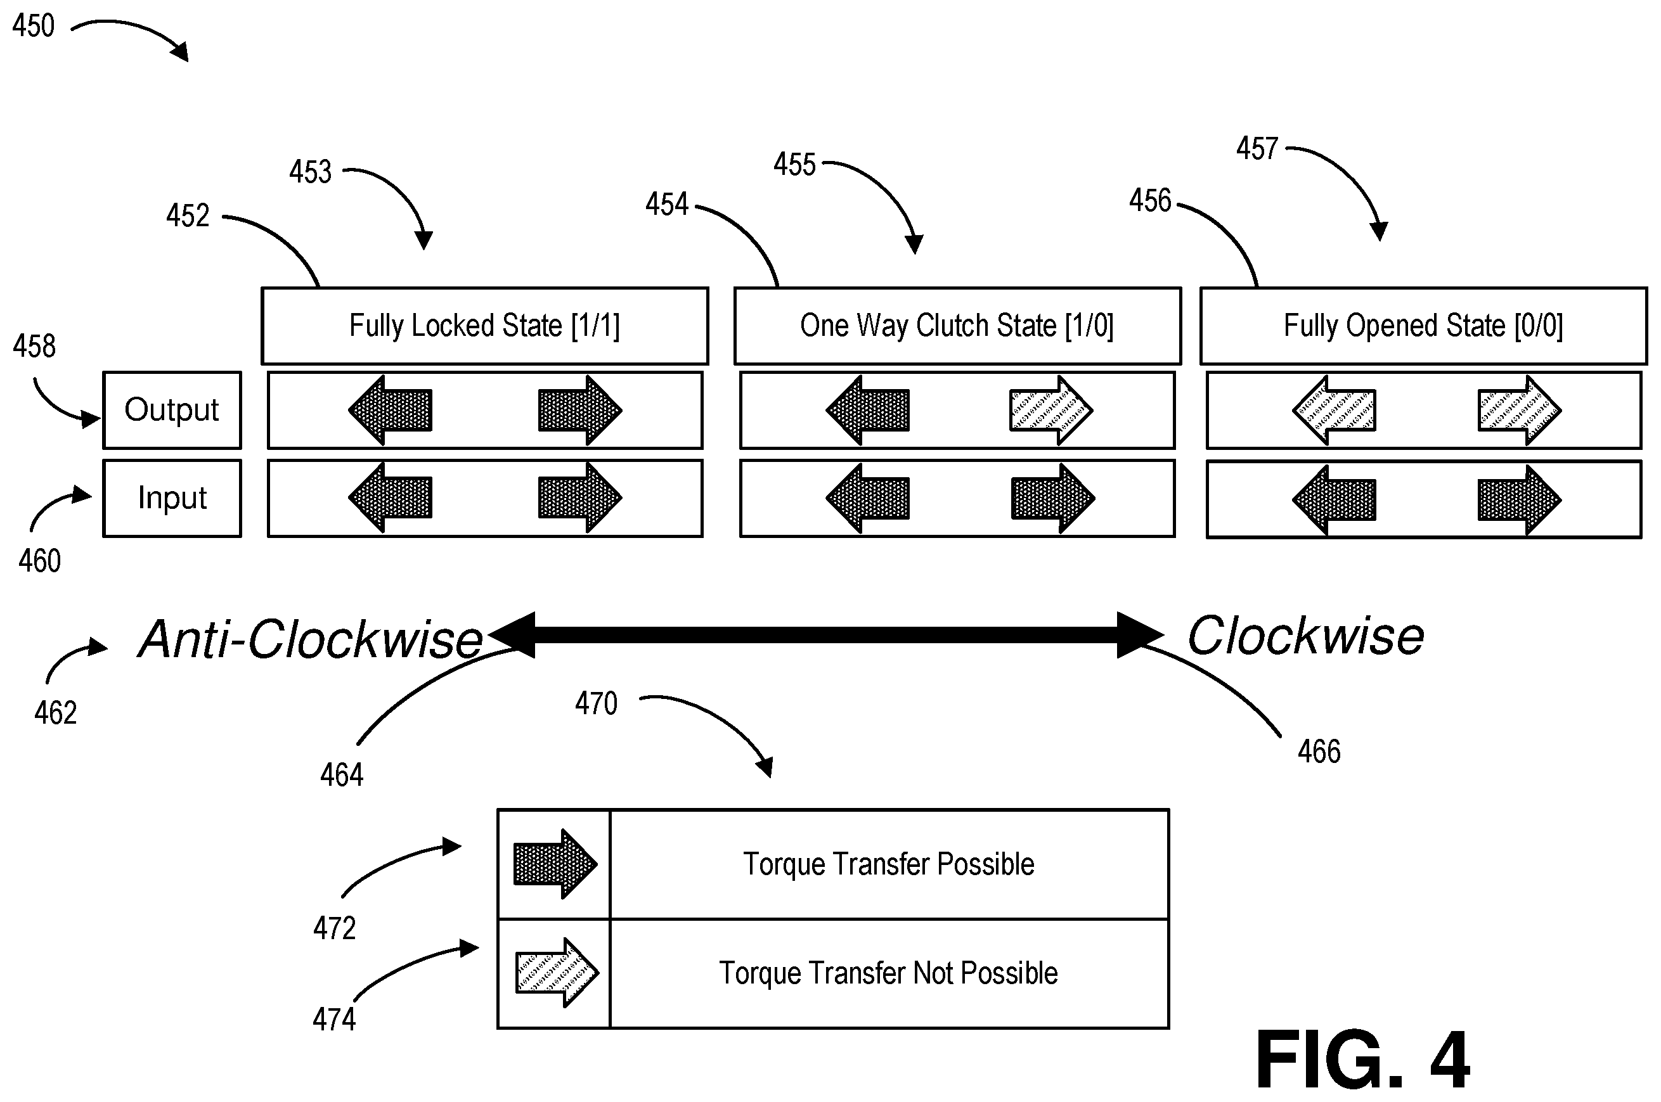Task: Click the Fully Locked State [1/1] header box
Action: (484, 326)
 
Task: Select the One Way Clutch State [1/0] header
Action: (957, 326)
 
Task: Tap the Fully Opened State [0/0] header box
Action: (1423, 326)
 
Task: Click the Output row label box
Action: (172, 410)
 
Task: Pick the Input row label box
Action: (172, 498)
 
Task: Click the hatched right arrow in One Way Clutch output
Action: (1051, 411)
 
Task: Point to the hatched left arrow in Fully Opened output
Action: (1334, 411)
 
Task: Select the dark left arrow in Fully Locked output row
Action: (390, 411)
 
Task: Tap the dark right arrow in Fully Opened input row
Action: (1520, 500)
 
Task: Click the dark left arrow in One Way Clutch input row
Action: (867, 498)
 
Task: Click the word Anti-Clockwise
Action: (311, 639)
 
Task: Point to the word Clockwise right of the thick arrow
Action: (1306, 636)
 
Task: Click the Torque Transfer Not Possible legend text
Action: (888, 973)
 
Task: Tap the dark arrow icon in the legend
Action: (555, 864)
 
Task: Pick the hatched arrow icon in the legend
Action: (557, 973)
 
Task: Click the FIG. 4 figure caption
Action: (1362, 1059)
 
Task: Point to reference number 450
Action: (33, 26)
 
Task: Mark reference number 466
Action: (1319, 752)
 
